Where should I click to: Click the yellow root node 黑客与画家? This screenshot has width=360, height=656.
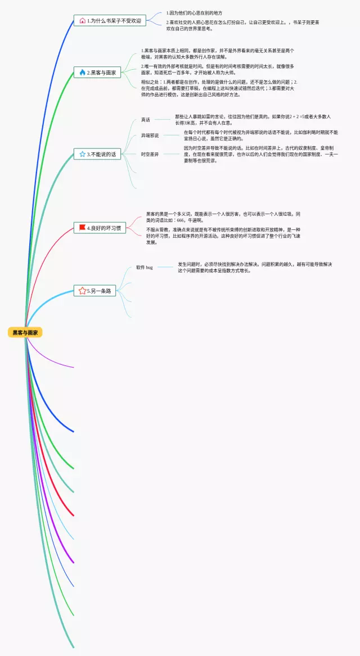tap(25, 333)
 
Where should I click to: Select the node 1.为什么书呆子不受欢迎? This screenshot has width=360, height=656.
tap(110, 21)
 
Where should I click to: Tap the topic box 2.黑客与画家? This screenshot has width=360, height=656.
tap(97, 73)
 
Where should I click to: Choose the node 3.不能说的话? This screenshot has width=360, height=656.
tap(97, 154)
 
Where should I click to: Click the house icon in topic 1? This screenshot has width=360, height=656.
tap(83, 21)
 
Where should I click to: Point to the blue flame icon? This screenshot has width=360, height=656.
tap(82, 73)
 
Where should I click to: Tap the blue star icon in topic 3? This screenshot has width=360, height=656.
tap(82, 154)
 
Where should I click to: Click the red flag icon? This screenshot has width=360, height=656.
tap(82, 228)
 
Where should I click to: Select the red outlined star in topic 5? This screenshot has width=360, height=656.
tap(82, 291)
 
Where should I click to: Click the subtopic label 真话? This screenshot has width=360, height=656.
tap(146, 120)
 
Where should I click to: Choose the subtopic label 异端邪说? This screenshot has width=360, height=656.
tap(150, 135)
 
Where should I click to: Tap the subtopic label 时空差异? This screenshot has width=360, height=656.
tap(150, 153)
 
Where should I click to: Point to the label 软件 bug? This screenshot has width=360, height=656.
tap(145, 268)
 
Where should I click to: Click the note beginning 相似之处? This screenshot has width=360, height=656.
tap(219, 88)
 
